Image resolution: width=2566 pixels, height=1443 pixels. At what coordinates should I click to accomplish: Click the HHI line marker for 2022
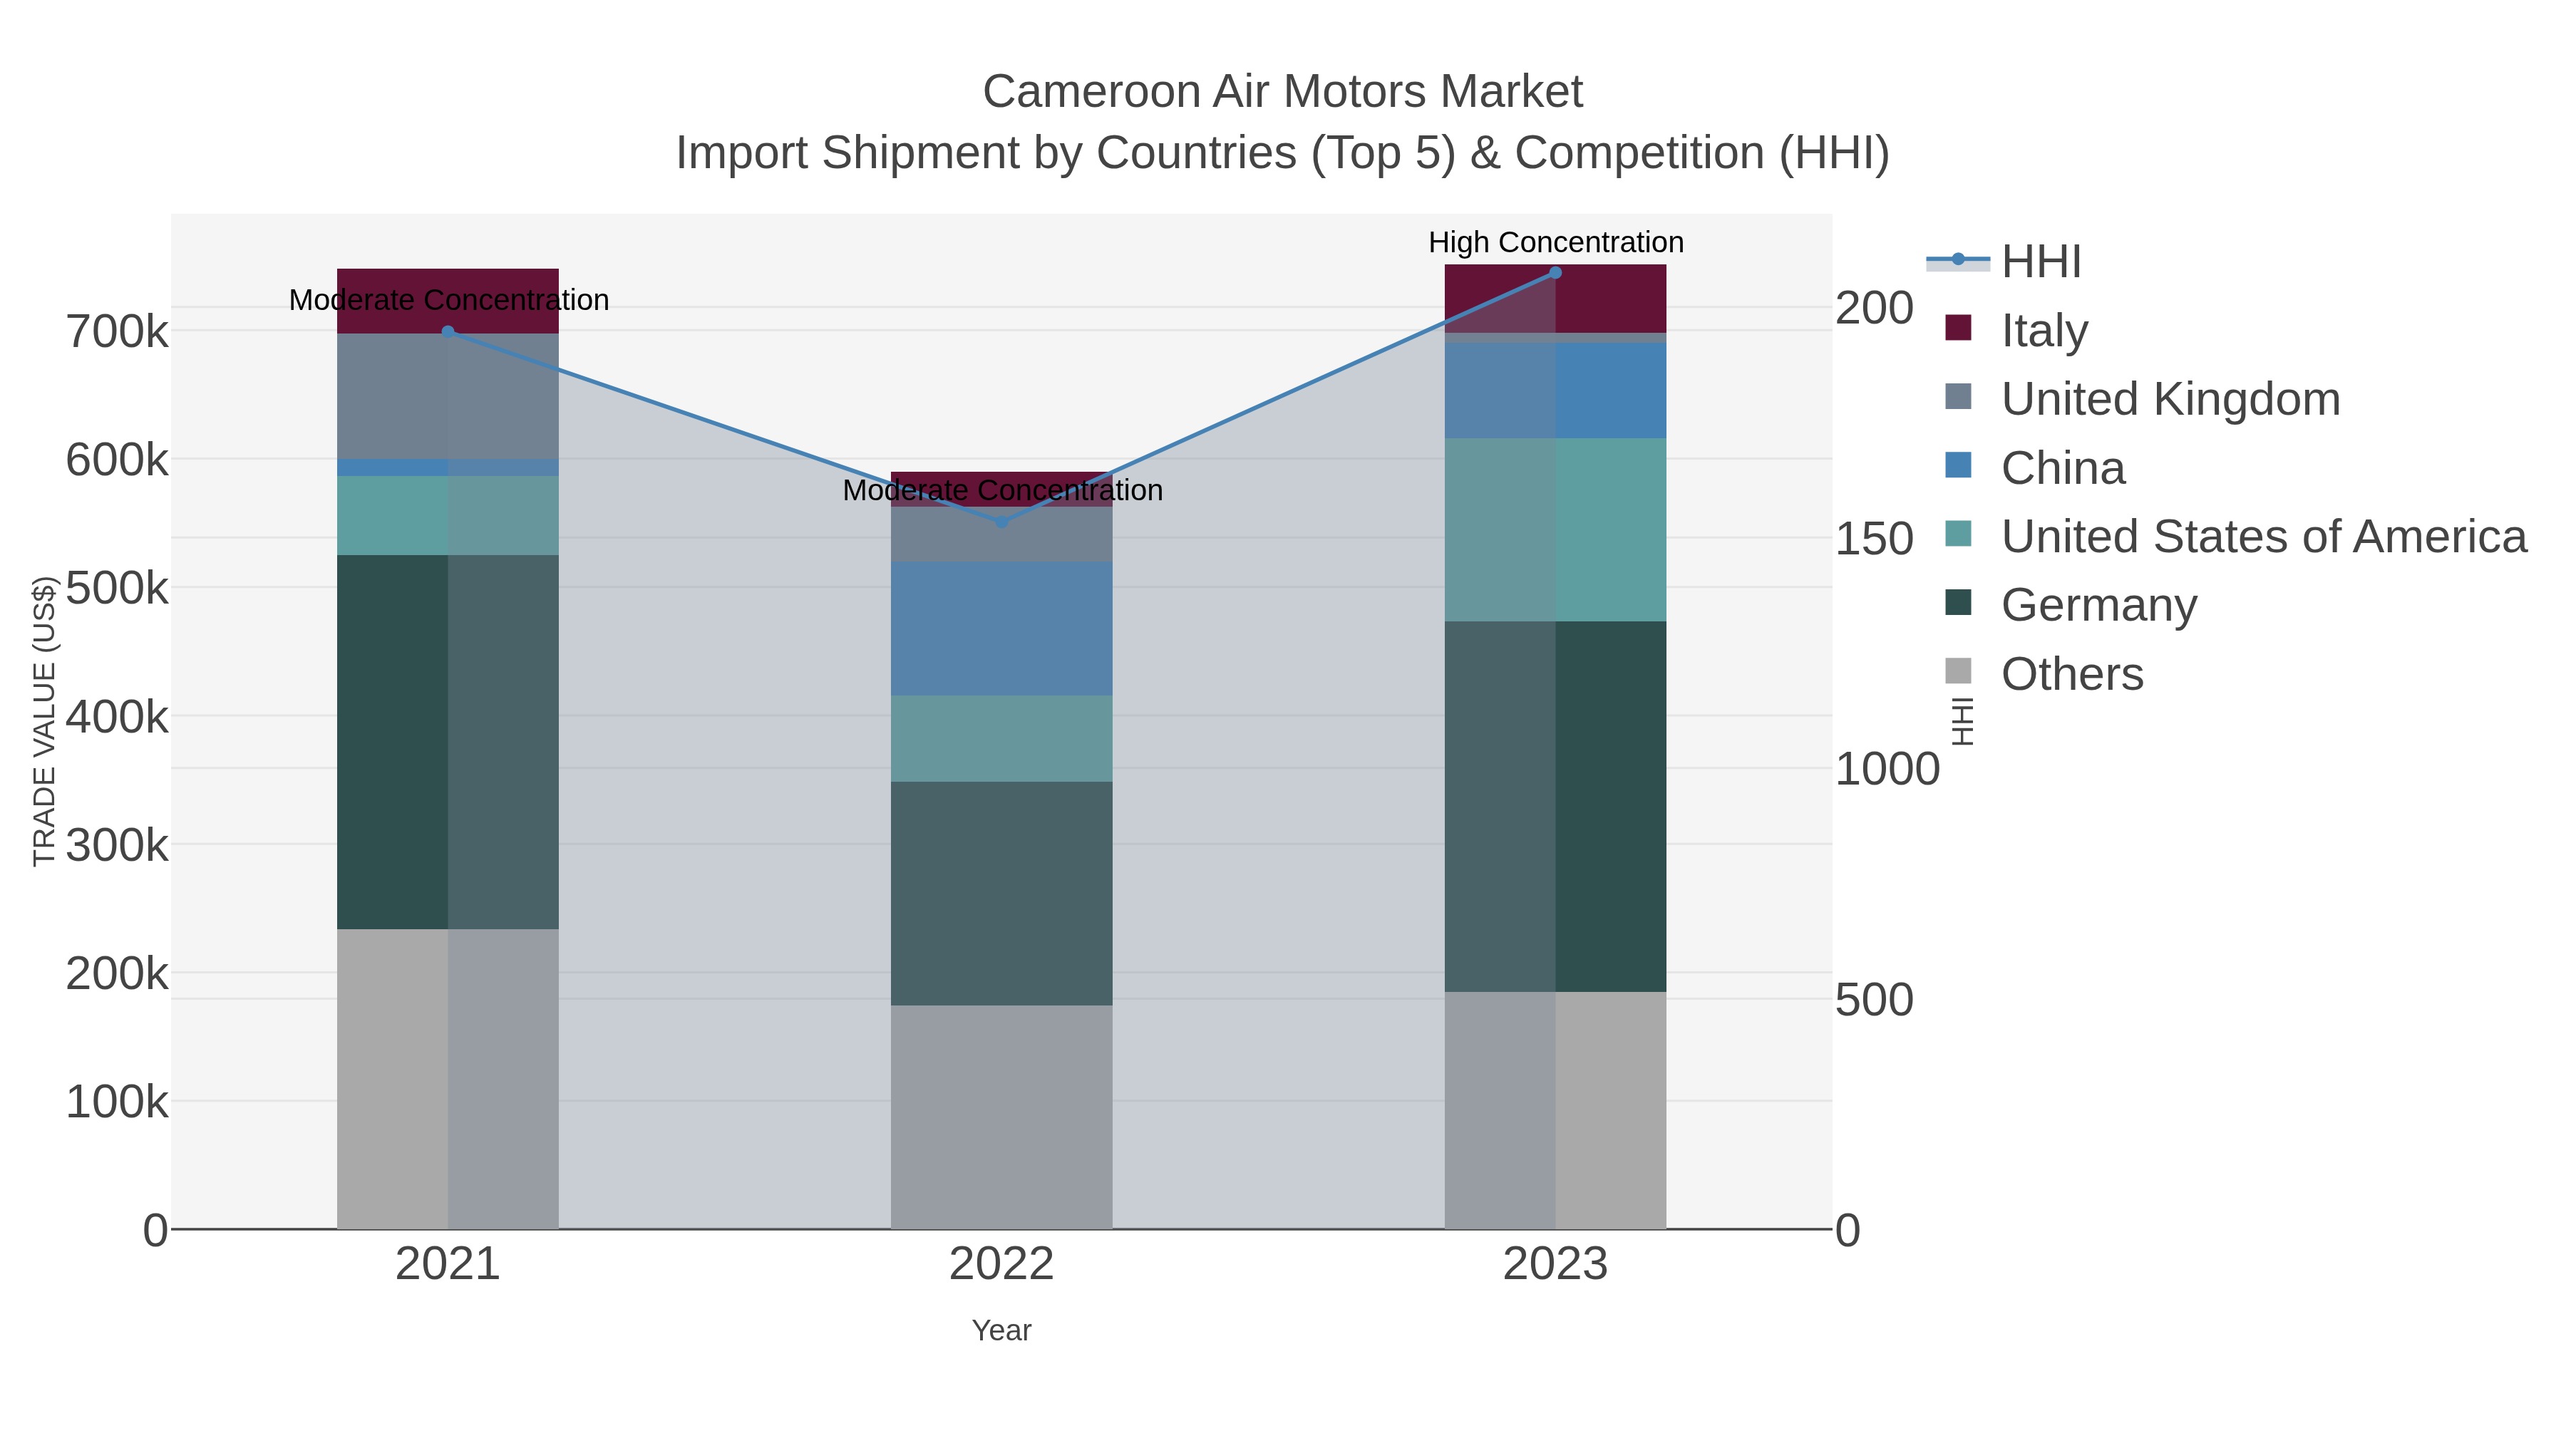pyautogui.click(x=1002, y=522)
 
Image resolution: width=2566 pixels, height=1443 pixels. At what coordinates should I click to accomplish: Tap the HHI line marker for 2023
pyautogui.click(x=1555, y=273)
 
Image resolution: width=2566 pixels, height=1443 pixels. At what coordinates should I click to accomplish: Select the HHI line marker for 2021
pyautogui.click(x=448, y=331)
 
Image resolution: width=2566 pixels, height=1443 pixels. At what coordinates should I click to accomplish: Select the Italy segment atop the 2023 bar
pyautogui.click(x=1555, y=298)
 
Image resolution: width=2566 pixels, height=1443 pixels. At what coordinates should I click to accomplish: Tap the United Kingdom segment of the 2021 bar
pyautogui.click(x=448, y=395)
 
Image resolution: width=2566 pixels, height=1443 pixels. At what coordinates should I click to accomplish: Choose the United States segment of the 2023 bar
pyautogui.click(x=1555, y=529)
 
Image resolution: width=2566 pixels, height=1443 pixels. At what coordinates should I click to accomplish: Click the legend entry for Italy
pyautogui.click(x=2044, y=330)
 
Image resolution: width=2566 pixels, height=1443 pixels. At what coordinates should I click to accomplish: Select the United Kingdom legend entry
pyautogui.click(x=2170, y=398)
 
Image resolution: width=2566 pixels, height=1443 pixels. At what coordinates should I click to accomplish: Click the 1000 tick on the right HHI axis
pyautogui.click(x=1887, y=769)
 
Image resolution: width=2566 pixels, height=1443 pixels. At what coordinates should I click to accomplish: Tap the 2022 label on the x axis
pyautogui.click(x=1001, y=1265)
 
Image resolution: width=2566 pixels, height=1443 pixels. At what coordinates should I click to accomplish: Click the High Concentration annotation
pyautogui.click(x=1555, y=242)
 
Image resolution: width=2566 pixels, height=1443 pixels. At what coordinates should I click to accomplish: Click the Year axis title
pyautogui.click(x=1001, y=1330)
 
